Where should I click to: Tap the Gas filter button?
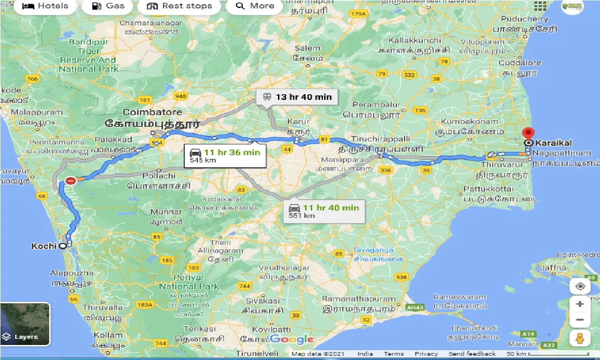pos(108,6)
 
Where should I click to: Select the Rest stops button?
pos(179,6)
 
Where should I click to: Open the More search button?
pos(255,6)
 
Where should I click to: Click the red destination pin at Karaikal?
pos(528,134)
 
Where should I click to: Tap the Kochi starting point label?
pos(44,246)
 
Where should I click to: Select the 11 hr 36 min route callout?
pos(225,156)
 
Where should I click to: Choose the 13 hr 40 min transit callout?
pos(297,97)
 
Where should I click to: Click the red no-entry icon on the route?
pos(71,180)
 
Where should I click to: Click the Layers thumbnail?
pos(25,324)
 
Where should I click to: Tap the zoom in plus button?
pos(580,304)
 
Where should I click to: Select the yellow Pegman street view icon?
pos(580,337)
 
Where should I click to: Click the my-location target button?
pos(580,286)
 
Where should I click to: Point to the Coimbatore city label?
pos(152,112)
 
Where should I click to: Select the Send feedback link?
pos(472,354)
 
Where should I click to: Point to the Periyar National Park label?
pos(189,282)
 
